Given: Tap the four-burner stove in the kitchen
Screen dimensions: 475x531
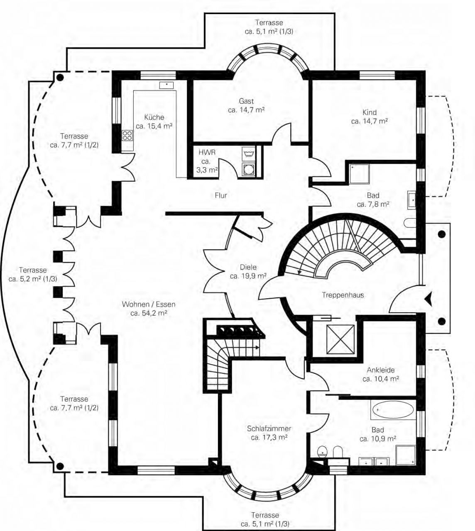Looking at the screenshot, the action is click(x=127, y=136).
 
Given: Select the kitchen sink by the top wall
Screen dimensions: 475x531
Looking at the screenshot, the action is click(x=166, y=85).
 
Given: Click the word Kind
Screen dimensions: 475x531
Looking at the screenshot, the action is click(x=369, y=112).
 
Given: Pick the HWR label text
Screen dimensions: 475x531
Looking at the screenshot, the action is click(x=207, y=152).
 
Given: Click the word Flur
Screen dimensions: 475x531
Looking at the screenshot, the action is click(x=220, y=195).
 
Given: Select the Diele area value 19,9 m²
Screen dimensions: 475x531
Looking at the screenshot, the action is click(x=248, y=276).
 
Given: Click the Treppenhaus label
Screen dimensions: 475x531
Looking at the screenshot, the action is click(x=343, y=295).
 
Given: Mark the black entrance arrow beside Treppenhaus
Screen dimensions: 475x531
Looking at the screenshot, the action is click(x=428, y=299).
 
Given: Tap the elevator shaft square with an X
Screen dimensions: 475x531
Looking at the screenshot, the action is click(x=340, y=339).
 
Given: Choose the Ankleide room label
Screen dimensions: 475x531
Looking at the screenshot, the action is click(x=381, y=370).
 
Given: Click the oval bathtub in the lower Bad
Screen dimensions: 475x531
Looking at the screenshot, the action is click(x=393, y=409).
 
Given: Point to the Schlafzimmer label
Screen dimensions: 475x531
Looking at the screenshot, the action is click(x=269, y=429).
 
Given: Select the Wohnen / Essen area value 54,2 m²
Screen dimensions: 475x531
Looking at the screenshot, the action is click(x=149, y=313).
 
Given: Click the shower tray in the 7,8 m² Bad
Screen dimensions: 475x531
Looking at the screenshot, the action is click(x=359, y=174).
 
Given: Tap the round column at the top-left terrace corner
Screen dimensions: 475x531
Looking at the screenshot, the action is click(x=60, y=78).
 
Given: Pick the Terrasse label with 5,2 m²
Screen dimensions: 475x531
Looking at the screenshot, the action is click(x=33, y=274).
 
